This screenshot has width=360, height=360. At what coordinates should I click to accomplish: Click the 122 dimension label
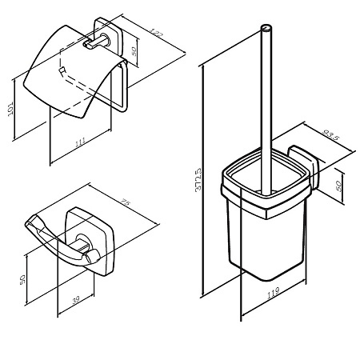click(155, 32)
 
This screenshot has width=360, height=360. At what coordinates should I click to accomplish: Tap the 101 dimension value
click(10, 109)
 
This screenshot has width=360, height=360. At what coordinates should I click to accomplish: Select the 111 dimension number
click(80, 142)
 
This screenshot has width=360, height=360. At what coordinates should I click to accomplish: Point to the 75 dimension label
click(126, 202)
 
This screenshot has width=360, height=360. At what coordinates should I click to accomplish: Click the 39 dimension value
click(76, 300)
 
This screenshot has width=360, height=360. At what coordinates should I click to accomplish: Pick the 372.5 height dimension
click(198, 179)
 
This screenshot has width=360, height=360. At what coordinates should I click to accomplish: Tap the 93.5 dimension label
click(330, 135)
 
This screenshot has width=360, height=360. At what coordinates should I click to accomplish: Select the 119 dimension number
click(273, 292)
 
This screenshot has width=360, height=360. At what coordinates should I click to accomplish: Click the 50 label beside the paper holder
click(134, 51)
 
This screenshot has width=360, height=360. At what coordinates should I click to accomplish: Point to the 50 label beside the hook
click(22, 280)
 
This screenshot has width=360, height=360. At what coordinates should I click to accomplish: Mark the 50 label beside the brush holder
click(338, 186)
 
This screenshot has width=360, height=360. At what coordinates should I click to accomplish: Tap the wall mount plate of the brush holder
click(303, 167)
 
